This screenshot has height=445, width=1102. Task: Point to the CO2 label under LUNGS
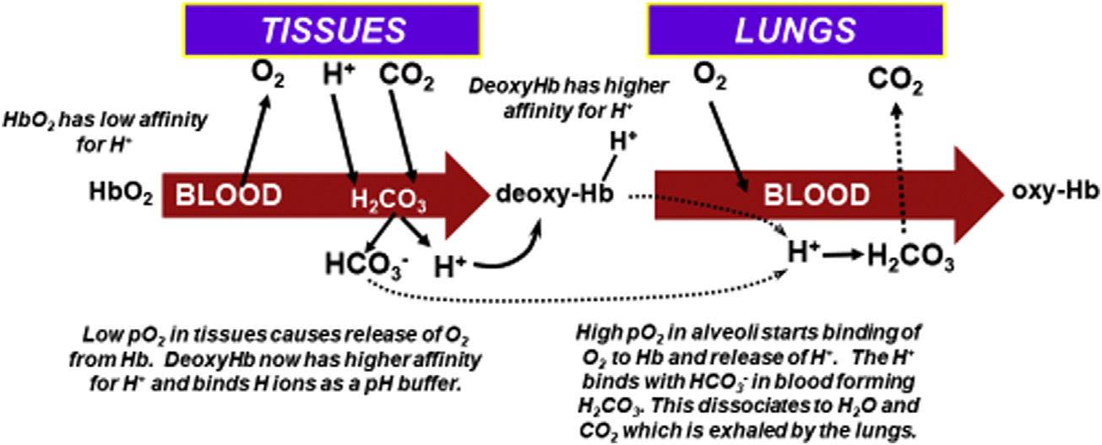pyautogui.click(x=896, y=82)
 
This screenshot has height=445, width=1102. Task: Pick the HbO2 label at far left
pyautogui.click(x=121, y=196)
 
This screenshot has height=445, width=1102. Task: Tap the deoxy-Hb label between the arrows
pyautogui.click(x=553, y=195)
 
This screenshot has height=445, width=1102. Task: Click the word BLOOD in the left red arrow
pyautogui.click(x=228, y=195)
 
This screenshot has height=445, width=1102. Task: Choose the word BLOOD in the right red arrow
pyautogui.click(x=816, y=195)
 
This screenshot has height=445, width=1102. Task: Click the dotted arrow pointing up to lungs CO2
pyautogui.click(x=903, y=169)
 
